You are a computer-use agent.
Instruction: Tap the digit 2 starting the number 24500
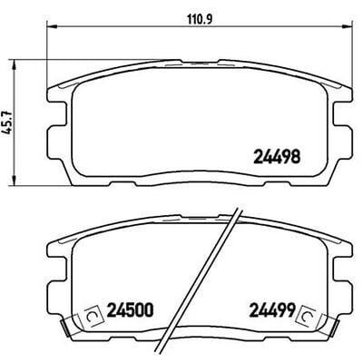(x=112, y=309)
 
